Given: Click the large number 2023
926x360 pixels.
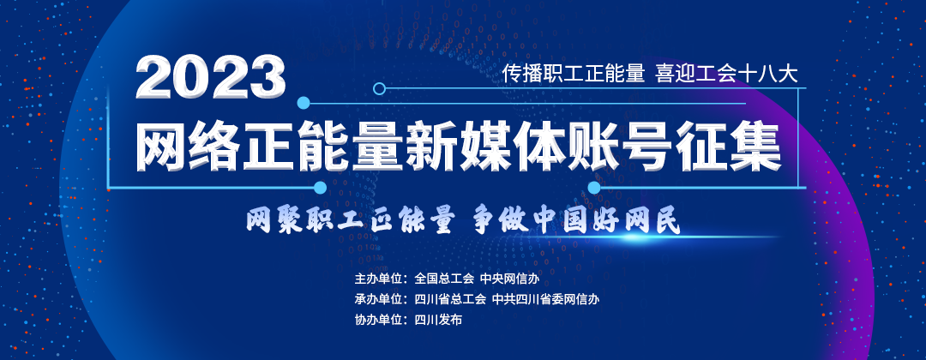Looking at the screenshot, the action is [211, 77].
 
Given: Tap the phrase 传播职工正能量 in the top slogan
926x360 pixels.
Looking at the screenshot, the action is [573, 74].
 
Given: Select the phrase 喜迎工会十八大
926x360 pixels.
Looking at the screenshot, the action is [726, 74].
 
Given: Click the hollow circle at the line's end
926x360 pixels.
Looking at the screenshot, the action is [380, 89].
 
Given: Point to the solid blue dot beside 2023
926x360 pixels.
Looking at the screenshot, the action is [304, 103].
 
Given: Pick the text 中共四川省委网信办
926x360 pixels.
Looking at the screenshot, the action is [545, 298].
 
